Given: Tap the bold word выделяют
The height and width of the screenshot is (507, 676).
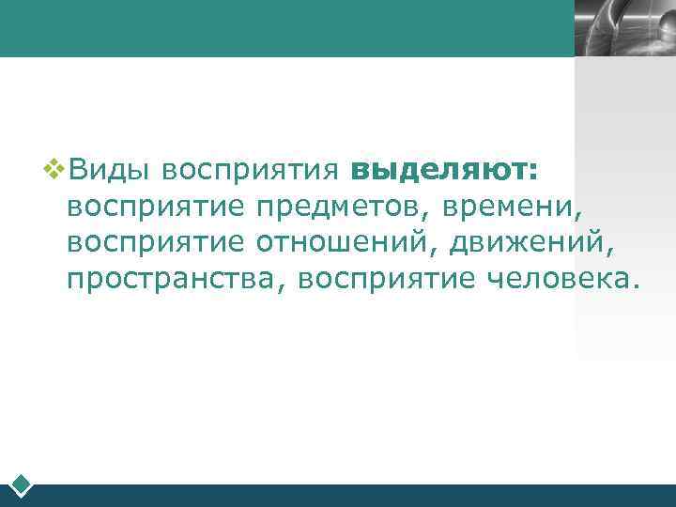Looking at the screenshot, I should pos(438,173).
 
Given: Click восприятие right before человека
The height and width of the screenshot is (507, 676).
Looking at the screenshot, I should pos(391,278).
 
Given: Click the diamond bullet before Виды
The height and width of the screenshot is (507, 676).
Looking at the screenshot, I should pos(55,170).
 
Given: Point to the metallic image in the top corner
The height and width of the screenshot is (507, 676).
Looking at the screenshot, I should pos(624,28).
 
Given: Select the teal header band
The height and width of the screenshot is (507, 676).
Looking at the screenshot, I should pos(282,28).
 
